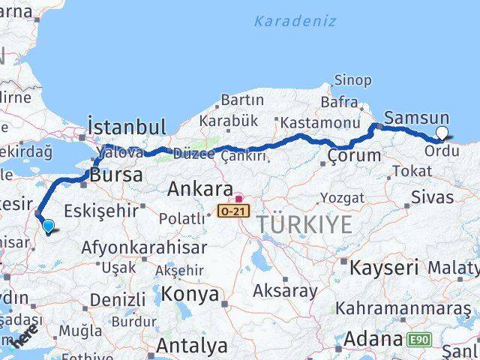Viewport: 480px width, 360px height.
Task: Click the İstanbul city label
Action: click(x=126, y=126)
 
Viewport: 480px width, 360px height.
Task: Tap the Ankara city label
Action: click(x=199, y=188)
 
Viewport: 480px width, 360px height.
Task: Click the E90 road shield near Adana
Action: click(x=419, y=340)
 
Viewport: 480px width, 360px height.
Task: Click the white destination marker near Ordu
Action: click(x=442, y=133)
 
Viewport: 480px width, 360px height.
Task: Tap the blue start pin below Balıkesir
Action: click(x=48, y=225)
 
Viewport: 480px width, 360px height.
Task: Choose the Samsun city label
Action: click(x=416, y=118)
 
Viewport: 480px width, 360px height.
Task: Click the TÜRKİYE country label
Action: click(x=304, y=223)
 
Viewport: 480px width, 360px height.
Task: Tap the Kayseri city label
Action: click(x=384, y=267)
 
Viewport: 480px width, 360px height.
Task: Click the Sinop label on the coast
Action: click(x=352, y=80)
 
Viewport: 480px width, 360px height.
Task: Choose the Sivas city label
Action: click(x=433, y=197)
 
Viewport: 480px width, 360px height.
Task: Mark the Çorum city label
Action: click(x=354, y=157)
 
